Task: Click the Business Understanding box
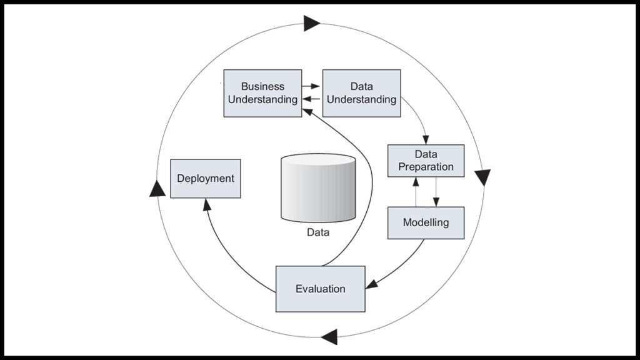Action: [x=262, y=93]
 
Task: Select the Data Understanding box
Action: [x=361, y=93]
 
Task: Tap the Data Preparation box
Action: [x=426, y=161]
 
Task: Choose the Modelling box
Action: [x=426, y=222]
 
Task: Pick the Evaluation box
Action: [x=320, y=289]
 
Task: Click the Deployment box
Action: [x=205, y=179]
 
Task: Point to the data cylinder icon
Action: [x=318, y=187]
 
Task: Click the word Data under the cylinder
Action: [x=317, y=233]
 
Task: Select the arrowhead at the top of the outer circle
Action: [x=311, y=24]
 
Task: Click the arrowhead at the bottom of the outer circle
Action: [x=329, y=336]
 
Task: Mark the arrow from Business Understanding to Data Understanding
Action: [x=311, y=86]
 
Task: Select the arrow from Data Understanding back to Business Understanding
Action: [x=311, y=99]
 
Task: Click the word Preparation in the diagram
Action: [x=426, y=167]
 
